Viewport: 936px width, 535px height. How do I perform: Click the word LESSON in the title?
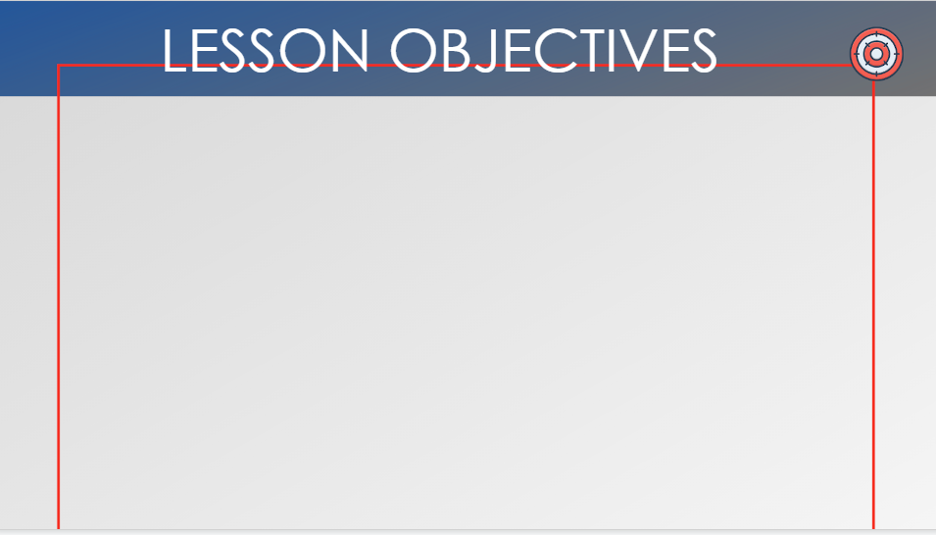click(265, 51)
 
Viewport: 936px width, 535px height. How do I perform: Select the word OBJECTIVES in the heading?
click(554, 51)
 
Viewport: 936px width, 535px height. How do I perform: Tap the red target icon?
click(876, 54)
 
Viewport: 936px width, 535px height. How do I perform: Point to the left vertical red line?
click(58, 297)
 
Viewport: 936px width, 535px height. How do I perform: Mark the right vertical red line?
click(873, 305)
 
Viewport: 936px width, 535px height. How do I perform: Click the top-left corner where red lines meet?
click(58, 65)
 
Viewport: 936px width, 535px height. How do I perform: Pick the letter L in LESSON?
click(172, 51)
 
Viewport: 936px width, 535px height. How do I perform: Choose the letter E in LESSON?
click(202, 51)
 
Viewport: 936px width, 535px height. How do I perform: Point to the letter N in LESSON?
click(349, 51)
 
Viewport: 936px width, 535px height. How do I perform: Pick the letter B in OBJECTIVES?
click(461, 51)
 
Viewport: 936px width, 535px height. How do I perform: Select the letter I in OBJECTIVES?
click(614, 51)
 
